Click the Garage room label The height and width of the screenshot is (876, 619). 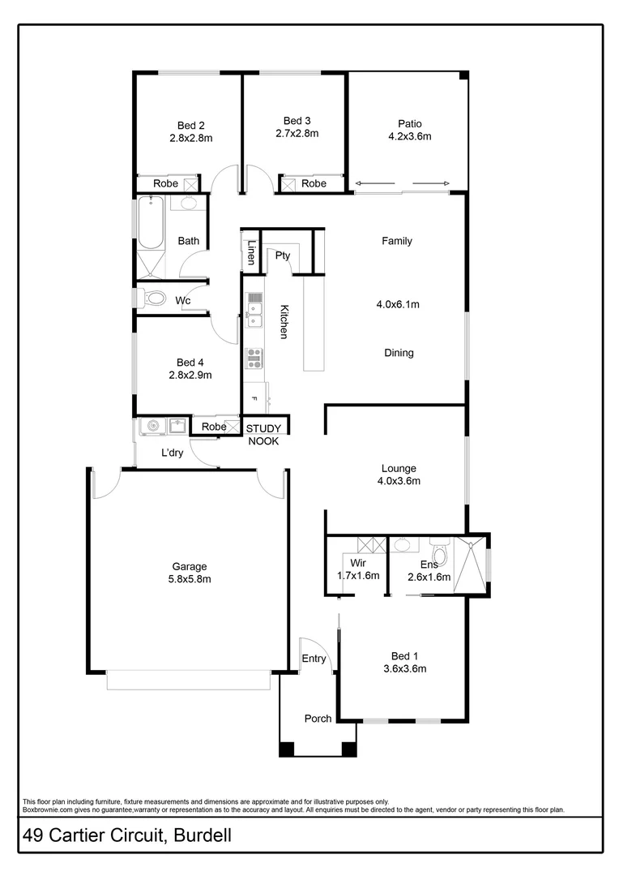[189, 566]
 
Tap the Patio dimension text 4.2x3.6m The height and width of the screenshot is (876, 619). [409, 137]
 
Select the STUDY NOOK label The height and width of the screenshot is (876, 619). [263, 435]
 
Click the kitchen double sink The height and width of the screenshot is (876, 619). [255, 309]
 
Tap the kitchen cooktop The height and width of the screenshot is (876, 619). [254, 357]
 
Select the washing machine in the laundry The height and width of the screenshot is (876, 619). [152, 426]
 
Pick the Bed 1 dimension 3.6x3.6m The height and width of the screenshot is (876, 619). [403, 669]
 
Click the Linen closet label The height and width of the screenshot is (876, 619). [252, 254]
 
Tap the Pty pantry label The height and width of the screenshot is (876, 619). [283, 255]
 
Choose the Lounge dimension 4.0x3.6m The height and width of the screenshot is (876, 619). [398, 481]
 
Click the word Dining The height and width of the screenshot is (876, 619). [399, 353]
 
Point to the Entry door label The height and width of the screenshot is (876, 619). [314, 659]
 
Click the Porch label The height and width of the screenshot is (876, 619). [318, 719]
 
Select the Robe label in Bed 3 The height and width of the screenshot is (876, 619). [314, 184]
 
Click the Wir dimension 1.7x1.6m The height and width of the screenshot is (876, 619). [358, 575]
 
